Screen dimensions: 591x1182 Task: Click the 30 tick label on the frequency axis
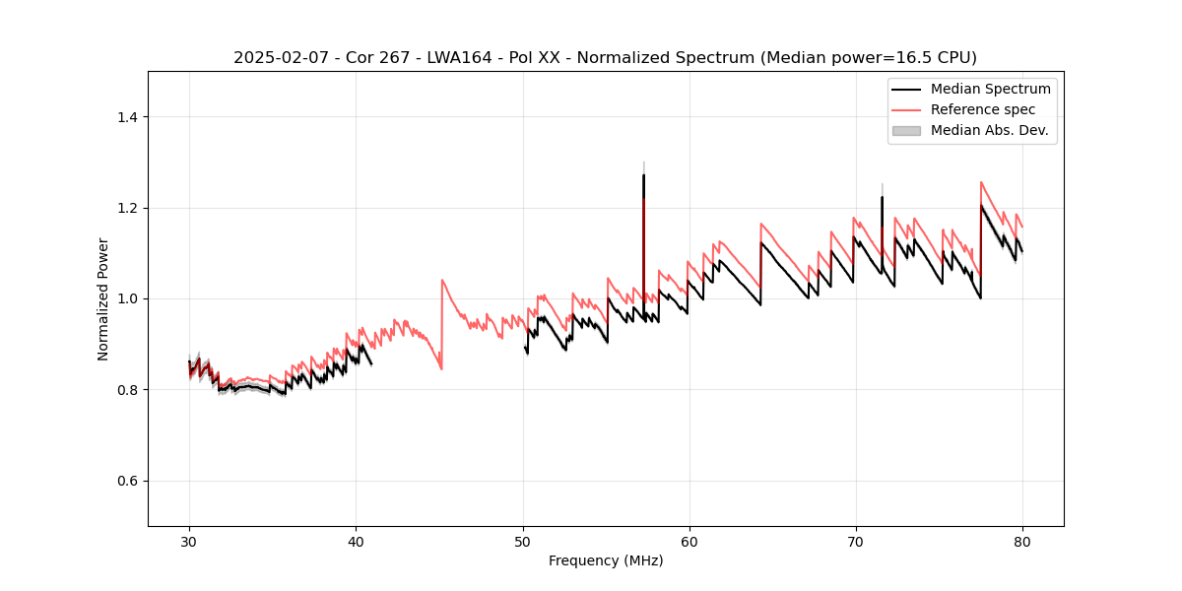pos(189,542)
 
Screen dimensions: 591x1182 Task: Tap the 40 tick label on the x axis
pos(356,542)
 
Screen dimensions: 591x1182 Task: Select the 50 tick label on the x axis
pos(522,542)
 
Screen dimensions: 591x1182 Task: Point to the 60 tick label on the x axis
pos(689,542)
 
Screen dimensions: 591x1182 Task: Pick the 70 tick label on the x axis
pos(855,542)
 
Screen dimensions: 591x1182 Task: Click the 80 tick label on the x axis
pos(1021,542)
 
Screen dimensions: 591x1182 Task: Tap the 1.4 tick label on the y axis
pos(126,117)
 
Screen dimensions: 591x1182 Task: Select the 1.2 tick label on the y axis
pos(126,208)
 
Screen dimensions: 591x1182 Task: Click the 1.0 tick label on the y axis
pos(126,299)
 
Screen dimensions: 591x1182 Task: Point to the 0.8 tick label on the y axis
pos(126,390)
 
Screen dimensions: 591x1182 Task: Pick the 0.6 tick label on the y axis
pos(126,481)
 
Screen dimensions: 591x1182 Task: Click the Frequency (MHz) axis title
pos(606,561)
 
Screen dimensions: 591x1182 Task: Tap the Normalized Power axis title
pos(103,298)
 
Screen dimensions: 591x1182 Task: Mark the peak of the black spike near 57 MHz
pos(643,175)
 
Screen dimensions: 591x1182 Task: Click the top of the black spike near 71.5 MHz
pos(882,197)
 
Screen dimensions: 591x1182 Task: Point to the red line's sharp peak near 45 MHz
pos(441,280)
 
